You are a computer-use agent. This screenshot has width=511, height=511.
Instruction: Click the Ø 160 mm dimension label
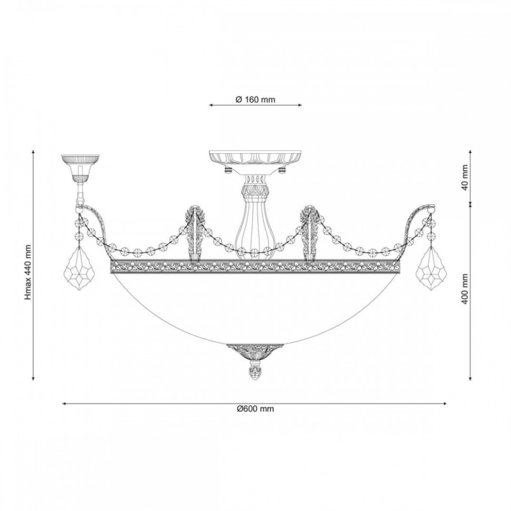pos(255,100)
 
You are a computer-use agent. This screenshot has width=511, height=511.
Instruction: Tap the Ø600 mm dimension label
pos(255,409)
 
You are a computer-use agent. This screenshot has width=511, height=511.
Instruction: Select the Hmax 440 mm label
pos(28,272)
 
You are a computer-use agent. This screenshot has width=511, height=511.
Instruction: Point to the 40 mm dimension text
pos(465,178)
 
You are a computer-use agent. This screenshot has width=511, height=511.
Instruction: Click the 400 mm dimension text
pos(465,289)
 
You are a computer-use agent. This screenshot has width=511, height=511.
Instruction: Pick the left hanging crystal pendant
pos(80,268)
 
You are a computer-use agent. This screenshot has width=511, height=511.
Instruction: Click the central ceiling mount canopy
pos(255,162)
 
